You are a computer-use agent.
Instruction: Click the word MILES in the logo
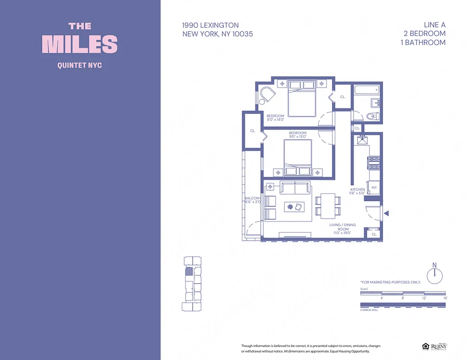tap(80, 44)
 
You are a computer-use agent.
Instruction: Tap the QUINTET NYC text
tap(80, 65)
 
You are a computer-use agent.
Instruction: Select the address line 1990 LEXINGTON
tap(211, 25)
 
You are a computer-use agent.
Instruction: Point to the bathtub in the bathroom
tap(367, 90)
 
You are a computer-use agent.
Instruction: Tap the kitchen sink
tap(362, 140)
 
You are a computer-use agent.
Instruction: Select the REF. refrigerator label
tap(374, 187)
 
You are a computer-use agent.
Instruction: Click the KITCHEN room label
tap(358, 190)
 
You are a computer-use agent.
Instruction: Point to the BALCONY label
tap(252, 198)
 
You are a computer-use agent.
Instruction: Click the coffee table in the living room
tap(295, 207)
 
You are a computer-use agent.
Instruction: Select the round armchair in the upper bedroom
tap(267, 96)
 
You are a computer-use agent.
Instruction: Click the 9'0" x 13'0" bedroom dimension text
tap(297, 137)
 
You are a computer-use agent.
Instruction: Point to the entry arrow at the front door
tap(386, 213)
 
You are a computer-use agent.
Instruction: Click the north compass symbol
tap(434, 274)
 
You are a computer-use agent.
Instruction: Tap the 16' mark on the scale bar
tap(445, 298)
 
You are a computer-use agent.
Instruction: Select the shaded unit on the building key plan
tap(189, 271)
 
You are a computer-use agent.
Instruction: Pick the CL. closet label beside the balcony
tap(253, 131)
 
